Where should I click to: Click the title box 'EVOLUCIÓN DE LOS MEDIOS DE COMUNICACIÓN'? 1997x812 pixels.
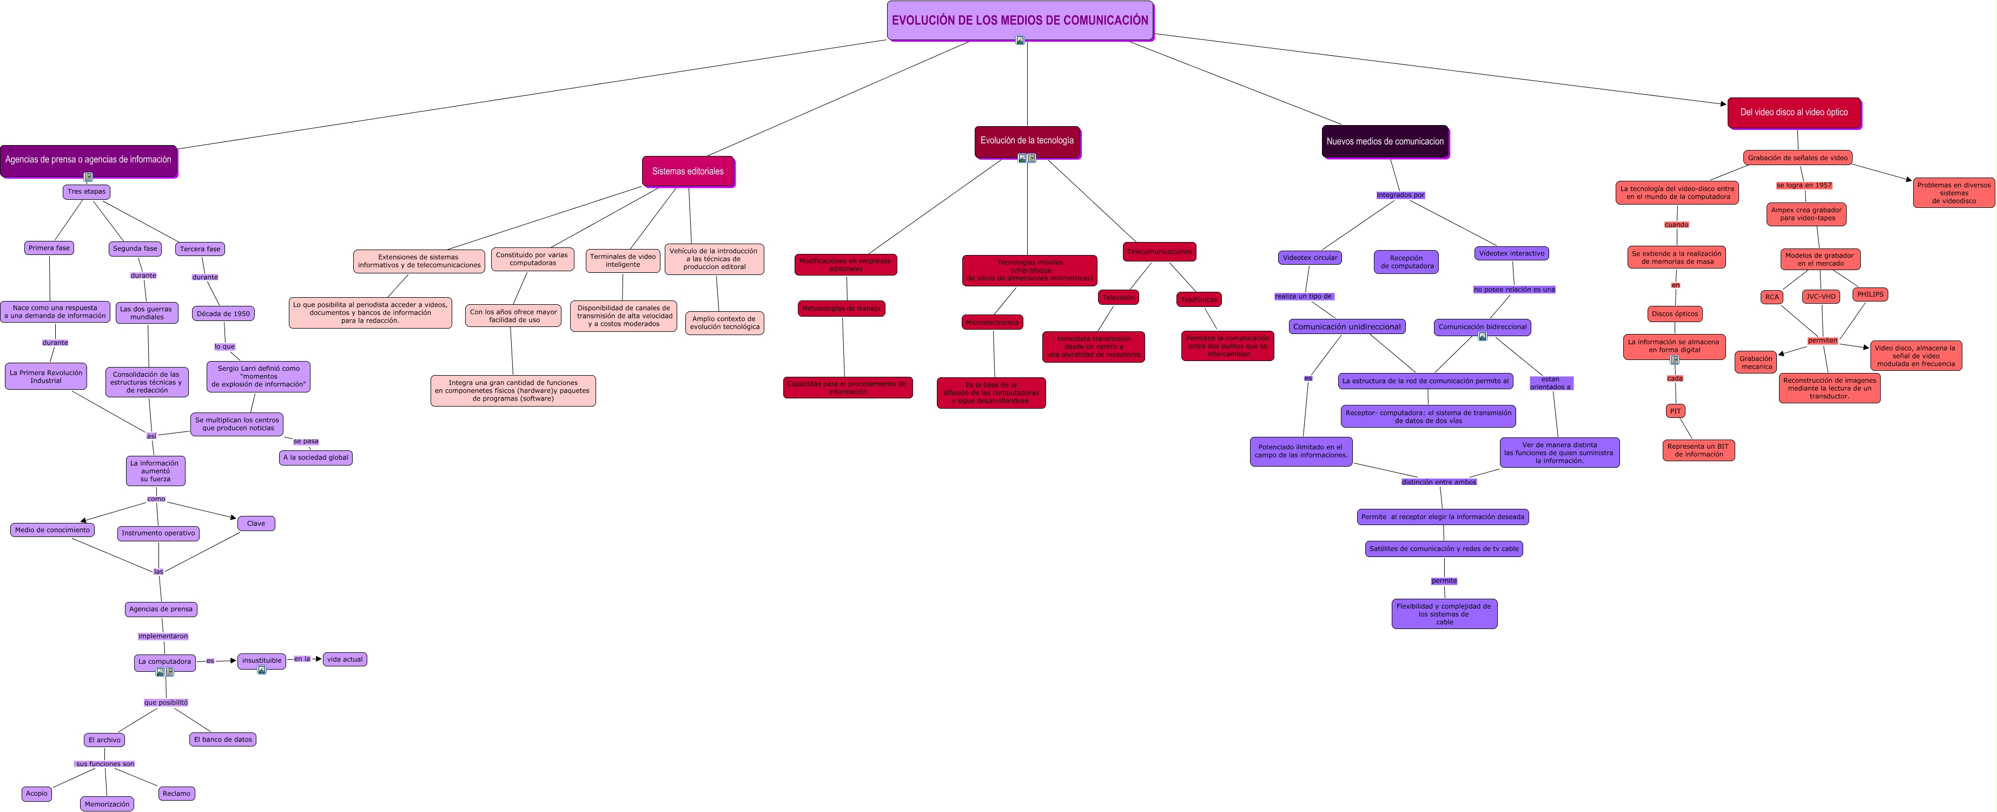pyautogui.click(x=1020, y=20)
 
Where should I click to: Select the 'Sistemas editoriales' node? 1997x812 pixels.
pyautogui.click(x=687, y=172)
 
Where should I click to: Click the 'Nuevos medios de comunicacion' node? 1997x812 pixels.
pyautogui.click(x=1385, y=141)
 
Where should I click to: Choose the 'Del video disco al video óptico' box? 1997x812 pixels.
pyautogui.click(x=1793, y=113)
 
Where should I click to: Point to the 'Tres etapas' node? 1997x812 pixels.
pyautogui.click(x=86, y=192)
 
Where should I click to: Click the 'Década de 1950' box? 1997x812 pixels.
pyautogui.click(x=223, y=314)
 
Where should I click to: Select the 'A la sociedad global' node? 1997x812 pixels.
pyautogui.click(x=315, y=457)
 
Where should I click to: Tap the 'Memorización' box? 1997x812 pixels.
pyautogui.click(x=107, y=804)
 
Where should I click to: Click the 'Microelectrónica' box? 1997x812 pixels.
pyautogui.click(x=993, y=323)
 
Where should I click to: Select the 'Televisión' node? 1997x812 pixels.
pyautogui.click(x=1118, y=298)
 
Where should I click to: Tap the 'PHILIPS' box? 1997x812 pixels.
pyautogui.click(x=1870, y=294)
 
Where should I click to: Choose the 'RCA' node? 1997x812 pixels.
pyautogui.click(x=1772, y=297)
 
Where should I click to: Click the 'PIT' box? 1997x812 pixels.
pyautogui.click(x=1675, y=411)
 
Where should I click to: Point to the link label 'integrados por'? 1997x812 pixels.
pyautogui.click(x=1400, y=195)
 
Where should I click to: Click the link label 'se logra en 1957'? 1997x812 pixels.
pyautogui.click(x=1804, y=185)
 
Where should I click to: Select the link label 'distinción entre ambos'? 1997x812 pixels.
pyautogui.click(x=1439, y=482)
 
